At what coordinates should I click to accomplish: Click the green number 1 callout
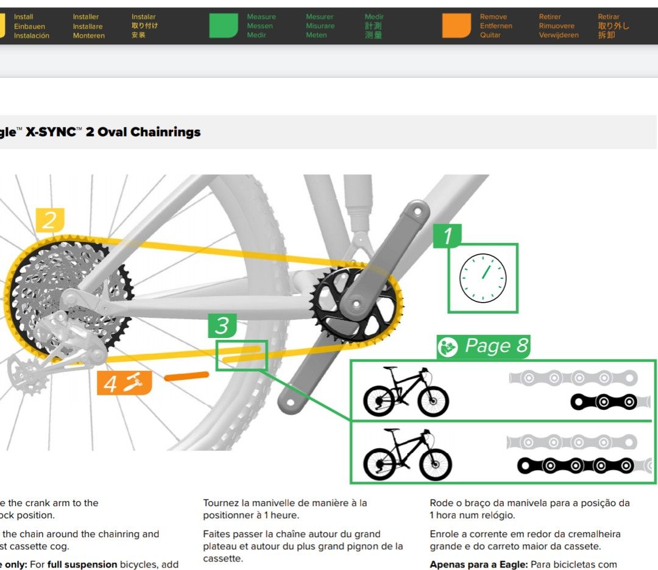click(x=447, y=236)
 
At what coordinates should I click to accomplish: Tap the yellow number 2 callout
click(x=49, y=220)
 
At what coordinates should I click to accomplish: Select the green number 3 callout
click(x=222, y=326)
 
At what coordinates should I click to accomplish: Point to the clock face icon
click(x=483, y=278)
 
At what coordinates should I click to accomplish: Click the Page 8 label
click(x=484, y=346)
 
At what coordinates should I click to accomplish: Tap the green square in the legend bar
click(x=224, y=26)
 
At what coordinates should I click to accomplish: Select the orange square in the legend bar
click(x=456, y=26)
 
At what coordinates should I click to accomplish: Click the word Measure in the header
click(x=261, y=16)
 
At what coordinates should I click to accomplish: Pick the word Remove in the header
click(x=493, y=16)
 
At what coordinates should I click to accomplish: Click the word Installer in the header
click(x=86, y=16)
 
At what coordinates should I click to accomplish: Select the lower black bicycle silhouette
click(x=407, y=454)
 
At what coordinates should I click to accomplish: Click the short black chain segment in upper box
click(x=604, y=402)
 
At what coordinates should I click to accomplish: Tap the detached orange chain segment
click(x=186, y=376)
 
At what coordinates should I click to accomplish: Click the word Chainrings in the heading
click(x=165, y=132)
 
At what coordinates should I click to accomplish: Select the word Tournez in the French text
click(x=220, y=503)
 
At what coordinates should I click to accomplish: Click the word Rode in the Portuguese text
click(x=441, y=503)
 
